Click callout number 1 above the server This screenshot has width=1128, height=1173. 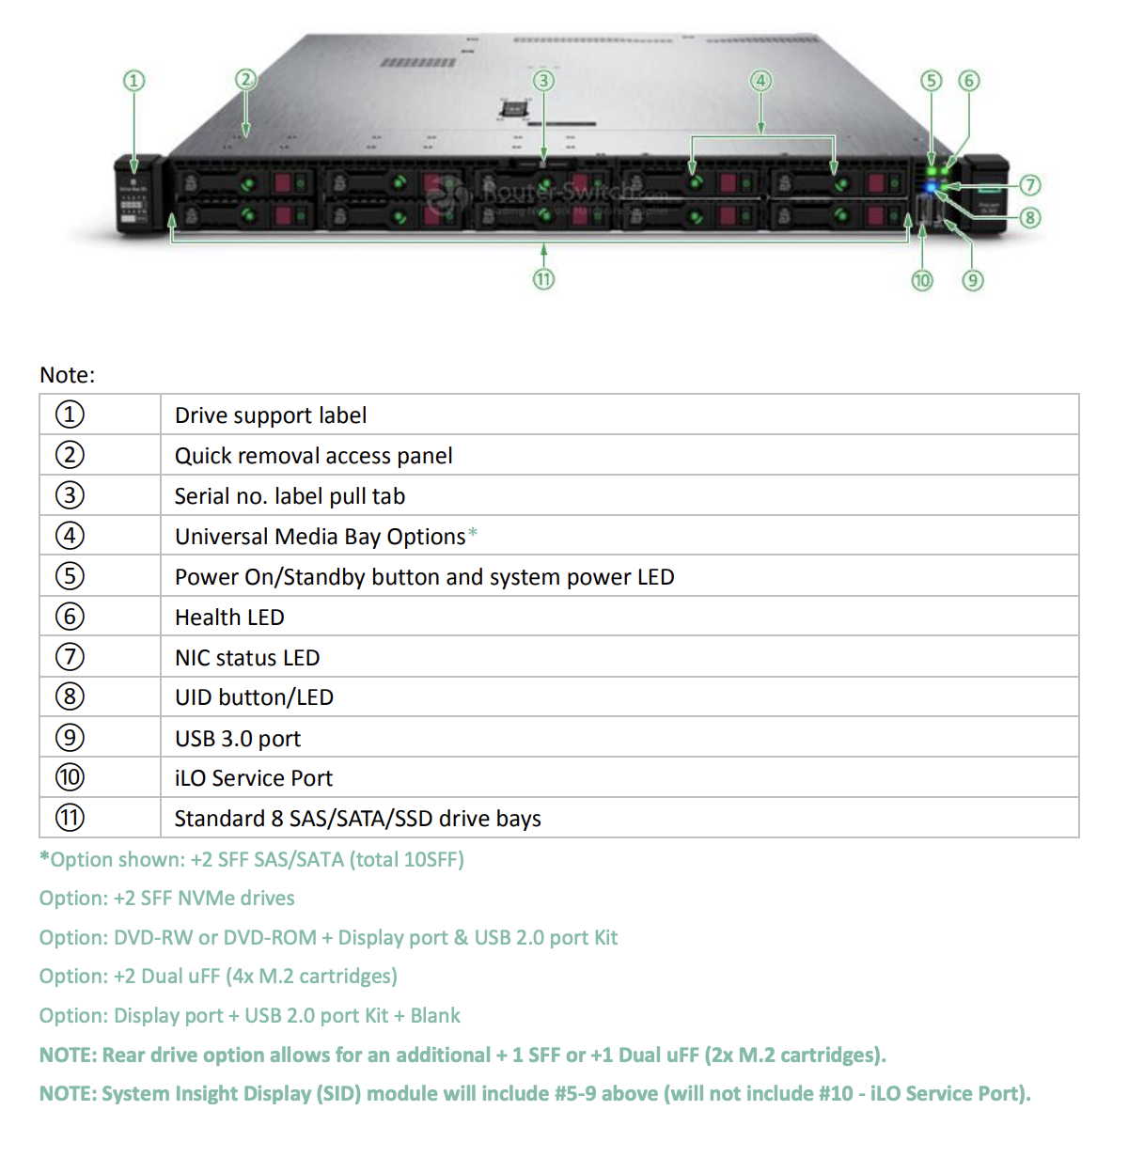pyautogui.click(x=134, y=81)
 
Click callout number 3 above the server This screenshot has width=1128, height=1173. pyautogui.click(x=543, y=81)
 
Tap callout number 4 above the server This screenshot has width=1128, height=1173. pyautogui.click(x=761, y=81)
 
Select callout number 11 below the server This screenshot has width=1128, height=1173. pyautogui.click(x=543, y=279)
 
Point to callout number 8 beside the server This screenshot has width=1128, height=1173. pyautogui.click(x=1030, y=218)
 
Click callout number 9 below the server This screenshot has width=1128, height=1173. pyautogui.click(x=973, y=280)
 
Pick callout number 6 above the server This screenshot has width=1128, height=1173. pyautogui.click(x=968, y=81)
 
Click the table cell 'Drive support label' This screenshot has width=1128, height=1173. pyautogui.click(x=271, y=415)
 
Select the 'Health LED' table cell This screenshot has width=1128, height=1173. pyautogui.click(x=229, y=618)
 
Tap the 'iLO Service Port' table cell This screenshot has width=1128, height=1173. pyautogui.click(x=254, y=778)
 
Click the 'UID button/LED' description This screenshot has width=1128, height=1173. pyautogui.click(x=254, y=697)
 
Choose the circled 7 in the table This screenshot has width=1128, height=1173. pyautogui.click(x=70, y=657)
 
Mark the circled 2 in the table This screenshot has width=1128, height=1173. pyautogui.click(x=70, y=455)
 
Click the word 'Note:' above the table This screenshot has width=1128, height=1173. pyautogui.click(x=68, y=375)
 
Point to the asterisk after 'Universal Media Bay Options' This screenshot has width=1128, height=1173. pyautogui.click(x=473, y=534)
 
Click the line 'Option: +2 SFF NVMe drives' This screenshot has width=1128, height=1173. pyautogui.click(x=167, y=899)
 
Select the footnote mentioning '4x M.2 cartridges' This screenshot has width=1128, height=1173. pyautogui.click(x=218, y=977)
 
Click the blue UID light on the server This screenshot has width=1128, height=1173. pyautogui.click(x=932, y=187)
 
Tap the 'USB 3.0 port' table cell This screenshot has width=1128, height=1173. pyautogui.click(x=238, y=739)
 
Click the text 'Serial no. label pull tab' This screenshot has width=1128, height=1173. pyautogui.click(x=290, y=496)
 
